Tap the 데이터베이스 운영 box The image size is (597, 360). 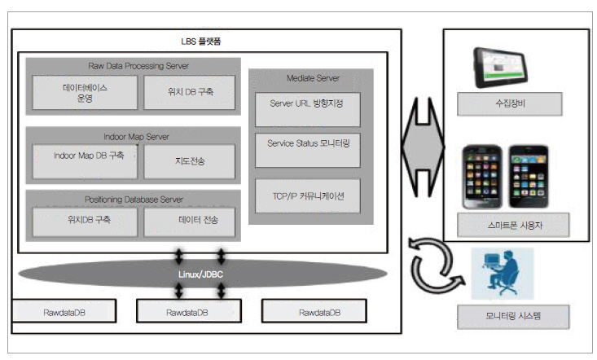(x=85, y=92)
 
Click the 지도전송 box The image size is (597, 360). (x=190, y=161)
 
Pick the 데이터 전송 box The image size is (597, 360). (x=190, y=221)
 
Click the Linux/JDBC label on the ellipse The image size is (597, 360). (x=201, y=274)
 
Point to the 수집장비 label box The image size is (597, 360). (x=509, y=104)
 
